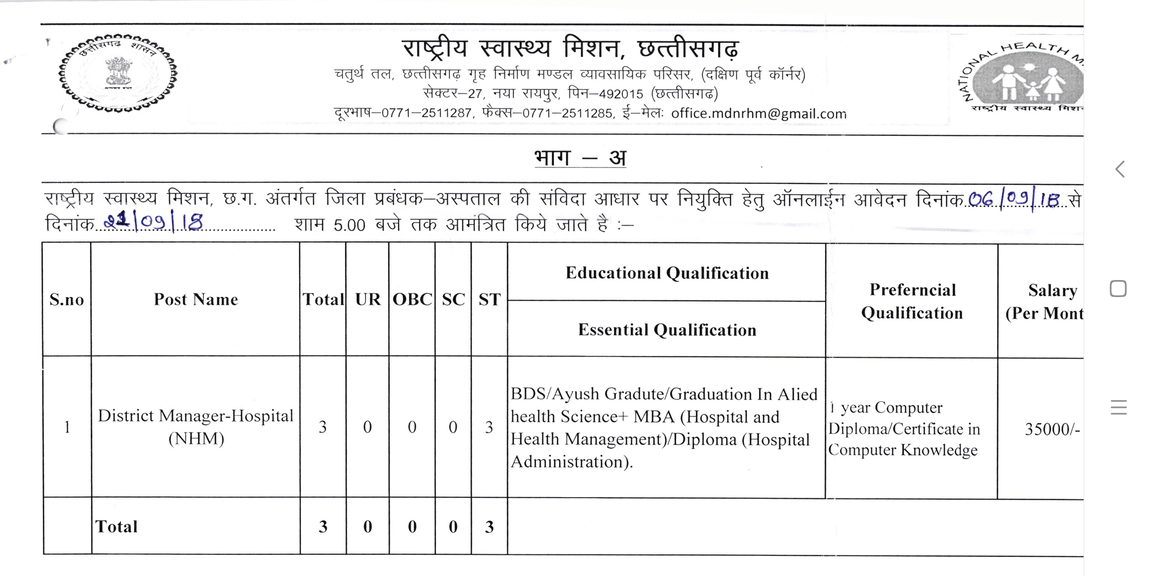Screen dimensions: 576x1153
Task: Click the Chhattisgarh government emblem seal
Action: tap(118, 73)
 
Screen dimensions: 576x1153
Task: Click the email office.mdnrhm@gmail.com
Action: tap(759, 114)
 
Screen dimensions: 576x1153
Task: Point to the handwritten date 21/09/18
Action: tap(154, 221)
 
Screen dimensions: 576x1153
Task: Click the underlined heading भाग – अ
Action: tap(580, 158)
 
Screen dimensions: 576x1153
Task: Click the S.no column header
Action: tap(67, 300)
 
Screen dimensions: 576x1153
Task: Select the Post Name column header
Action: tap(196, 300)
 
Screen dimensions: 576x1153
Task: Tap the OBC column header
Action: tap(412, 300)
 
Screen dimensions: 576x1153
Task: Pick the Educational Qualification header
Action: tap(667, 273)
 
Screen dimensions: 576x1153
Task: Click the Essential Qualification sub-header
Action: tap(667, 330)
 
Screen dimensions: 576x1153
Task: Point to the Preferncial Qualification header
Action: tap(912, 301)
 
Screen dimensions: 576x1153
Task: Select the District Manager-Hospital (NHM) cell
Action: tap(196, 427)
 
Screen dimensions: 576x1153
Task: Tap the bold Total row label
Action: tap(116, 527)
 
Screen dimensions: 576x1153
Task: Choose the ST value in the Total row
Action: tap(489, 527)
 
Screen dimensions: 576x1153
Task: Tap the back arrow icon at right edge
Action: tap(1120, 170)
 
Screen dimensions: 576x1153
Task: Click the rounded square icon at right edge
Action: tap(1118, 289)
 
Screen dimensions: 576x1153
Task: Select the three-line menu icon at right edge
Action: tap(1118, 407)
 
